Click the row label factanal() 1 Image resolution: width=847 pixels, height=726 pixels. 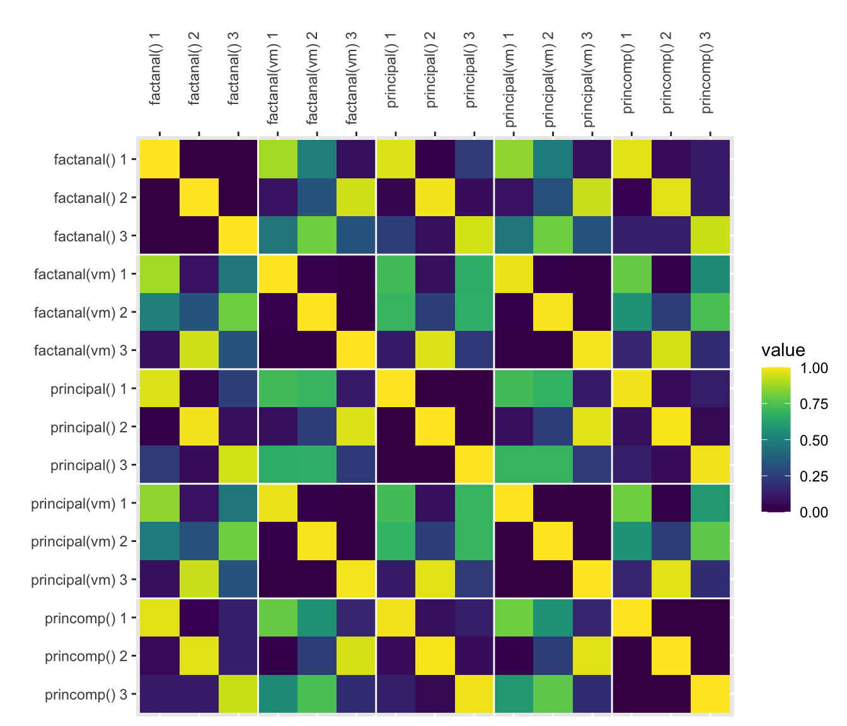point(91,159)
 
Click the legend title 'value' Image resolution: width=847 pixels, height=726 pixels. point(783,350)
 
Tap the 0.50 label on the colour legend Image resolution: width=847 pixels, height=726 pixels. point(814,440)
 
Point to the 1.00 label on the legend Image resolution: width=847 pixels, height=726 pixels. point(814,368)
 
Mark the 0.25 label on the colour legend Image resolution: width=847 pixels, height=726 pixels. point(814,476)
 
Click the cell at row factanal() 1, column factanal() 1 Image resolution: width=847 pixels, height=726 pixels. point(159,159)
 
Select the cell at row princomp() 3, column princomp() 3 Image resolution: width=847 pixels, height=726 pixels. point(710,694)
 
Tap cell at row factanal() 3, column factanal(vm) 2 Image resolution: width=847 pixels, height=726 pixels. point(317,236)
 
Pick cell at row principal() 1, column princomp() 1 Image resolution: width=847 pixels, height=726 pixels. point(631,388)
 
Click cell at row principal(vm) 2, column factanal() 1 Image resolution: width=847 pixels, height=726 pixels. point(159,541)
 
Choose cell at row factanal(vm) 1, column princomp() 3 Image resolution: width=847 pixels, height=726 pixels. point(710,274)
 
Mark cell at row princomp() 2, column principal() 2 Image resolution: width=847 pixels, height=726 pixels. point(435,656)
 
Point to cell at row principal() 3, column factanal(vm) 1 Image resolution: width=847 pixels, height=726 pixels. point(278,465)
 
